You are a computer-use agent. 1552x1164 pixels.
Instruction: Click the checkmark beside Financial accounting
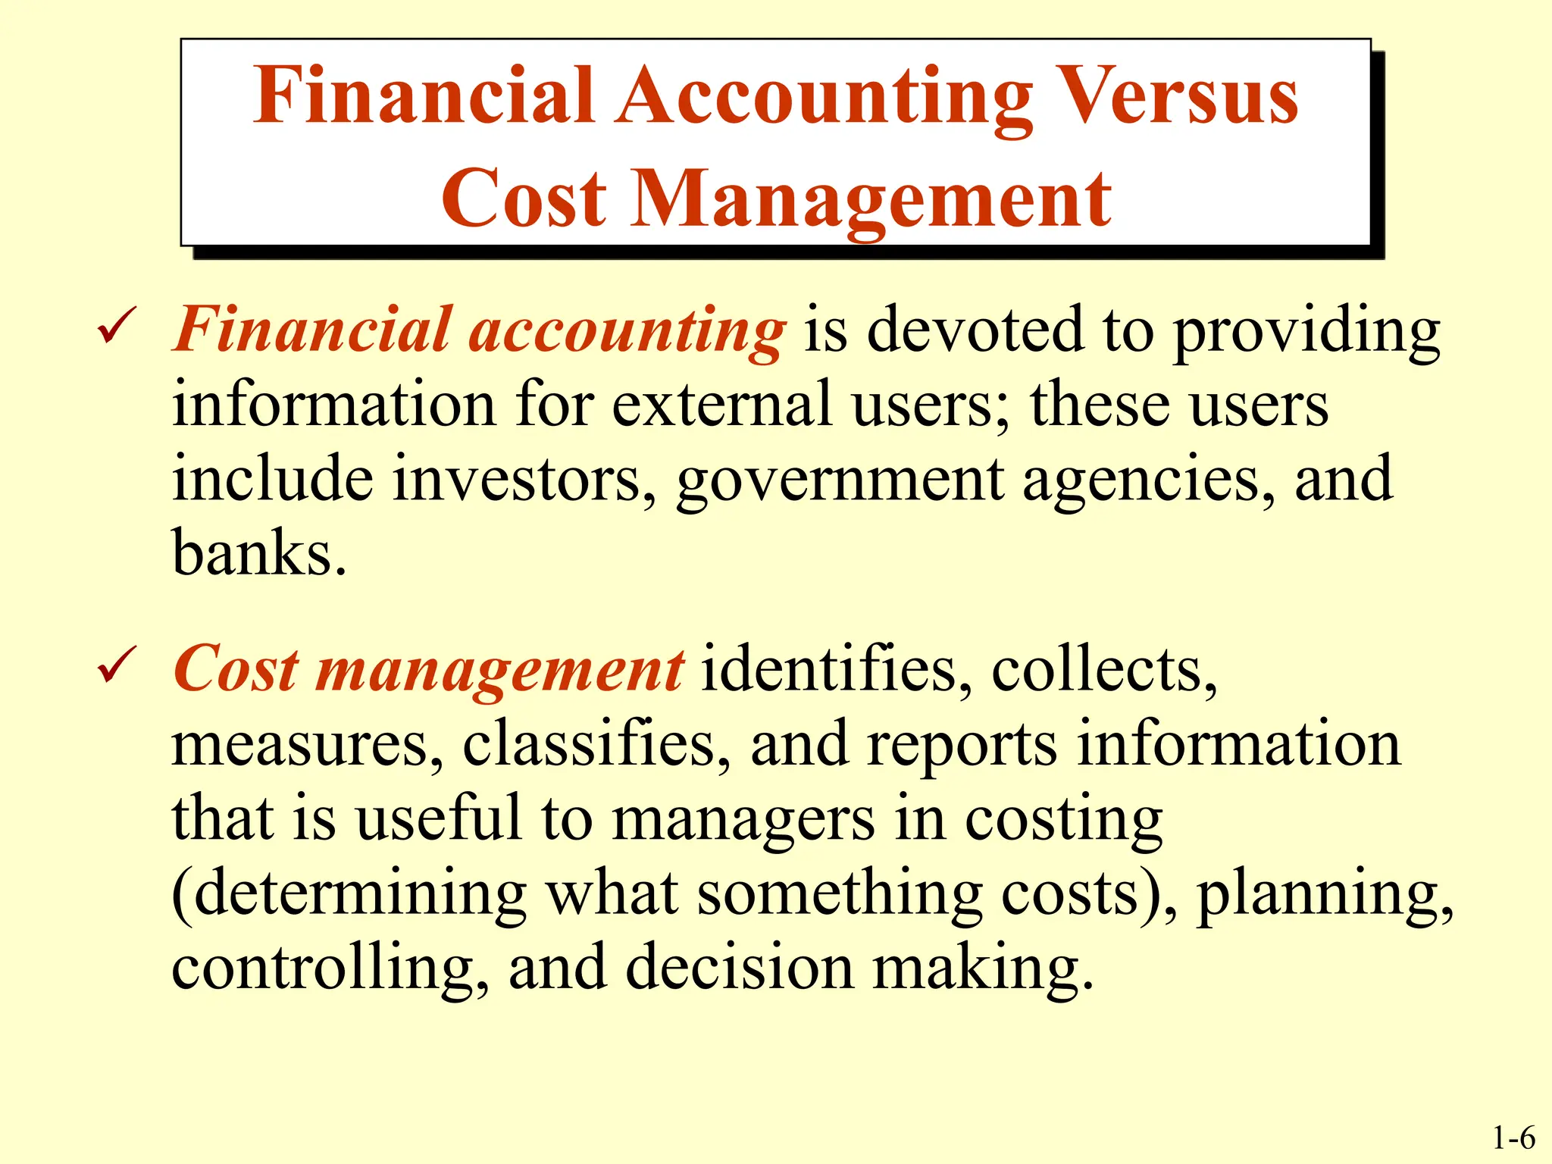click(x=117, y=327)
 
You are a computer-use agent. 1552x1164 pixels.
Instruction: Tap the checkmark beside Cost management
click(x=117, y=665)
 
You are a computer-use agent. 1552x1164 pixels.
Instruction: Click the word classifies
click(x=596, y=744)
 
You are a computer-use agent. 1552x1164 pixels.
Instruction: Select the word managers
click(x=743, y=821)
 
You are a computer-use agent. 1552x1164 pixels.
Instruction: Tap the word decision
click(x=740, y=968)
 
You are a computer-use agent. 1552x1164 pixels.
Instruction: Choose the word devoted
click(x=975, y=330)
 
